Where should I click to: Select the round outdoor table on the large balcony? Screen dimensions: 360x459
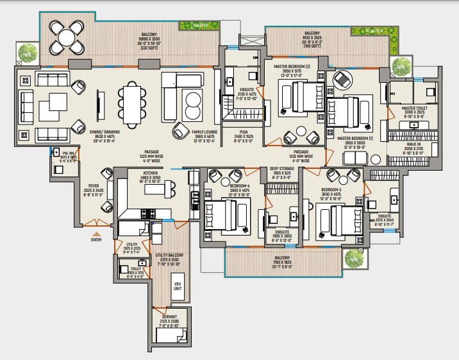click(x=67, y=38)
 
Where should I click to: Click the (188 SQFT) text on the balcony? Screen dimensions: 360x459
click(x=312, y=46)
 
